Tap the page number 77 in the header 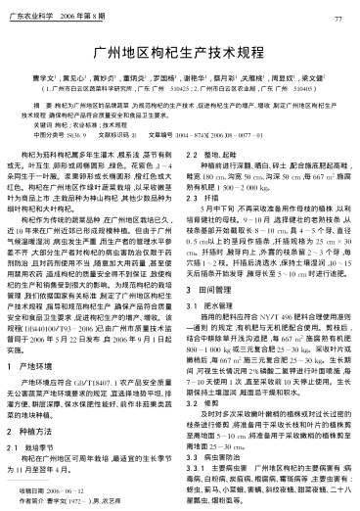(x=337, y=19)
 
